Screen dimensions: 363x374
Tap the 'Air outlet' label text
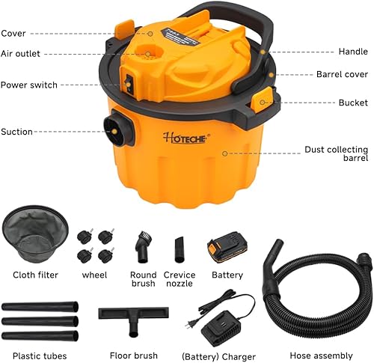(20, 54)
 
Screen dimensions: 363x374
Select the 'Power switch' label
(28, 85)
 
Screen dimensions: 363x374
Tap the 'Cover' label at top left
(13, 33)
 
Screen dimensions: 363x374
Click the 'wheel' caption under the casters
(95, 275)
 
